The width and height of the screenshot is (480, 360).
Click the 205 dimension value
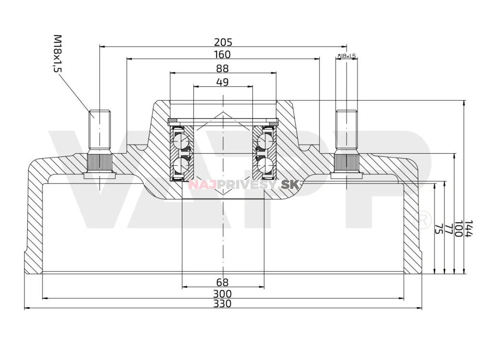[223, 42]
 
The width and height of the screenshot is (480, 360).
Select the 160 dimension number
[223, 54]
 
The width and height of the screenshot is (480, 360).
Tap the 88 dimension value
[223, 69]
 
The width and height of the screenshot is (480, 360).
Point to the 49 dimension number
[222, 82]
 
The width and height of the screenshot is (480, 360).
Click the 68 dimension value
[223, 282]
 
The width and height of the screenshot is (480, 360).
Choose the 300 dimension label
[223, 293]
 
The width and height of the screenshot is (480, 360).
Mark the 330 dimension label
[223, 303]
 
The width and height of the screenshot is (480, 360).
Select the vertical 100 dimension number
[458, 229]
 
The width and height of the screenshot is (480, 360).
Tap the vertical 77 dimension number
[448, 229]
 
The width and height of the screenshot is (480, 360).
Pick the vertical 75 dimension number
[438, 229]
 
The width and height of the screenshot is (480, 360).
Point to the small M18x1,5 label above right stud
[347, 56]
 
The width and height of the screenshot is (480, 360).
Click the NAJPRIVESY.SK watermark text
[244, 184]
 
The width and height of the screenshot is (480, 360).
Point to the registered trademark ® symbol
[424, 220]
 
